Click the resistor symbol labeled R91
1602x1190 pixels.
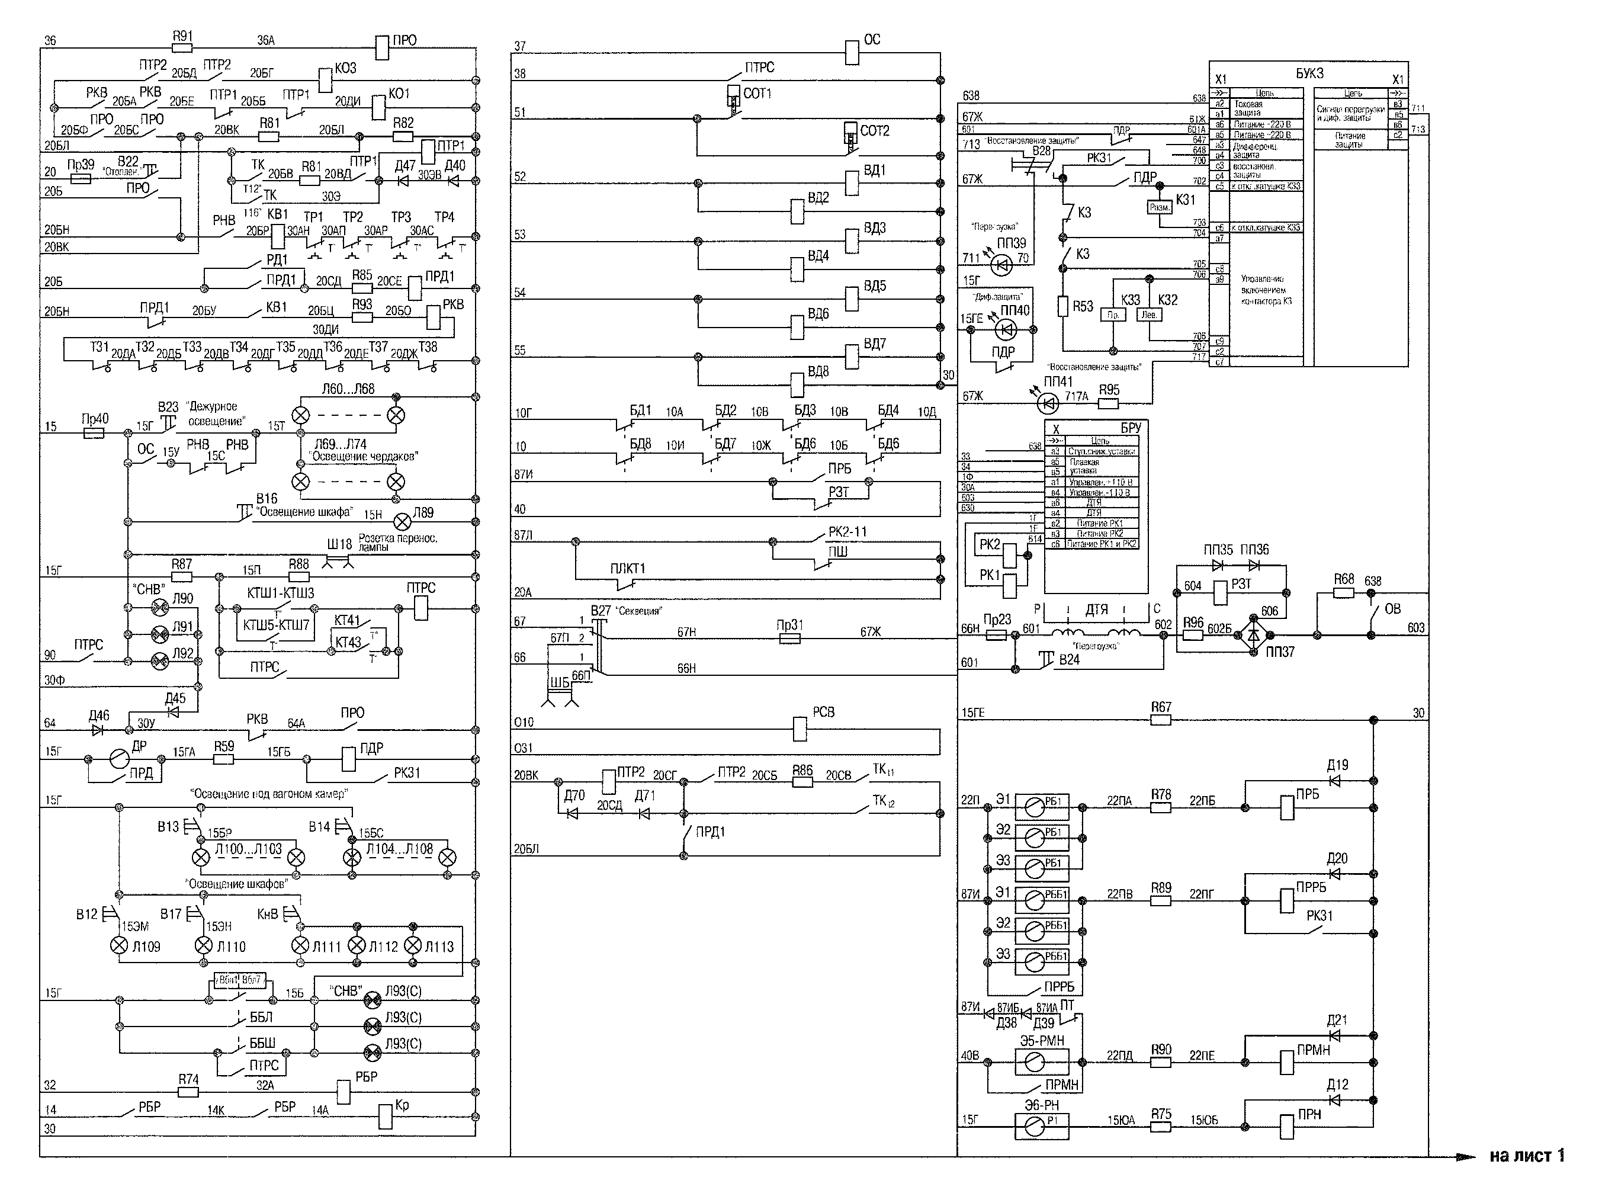tap(182, 48)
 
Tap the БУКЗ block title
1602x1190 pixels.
tap(1309, 73)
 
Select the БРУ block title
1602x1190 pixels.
tap(1130, 428)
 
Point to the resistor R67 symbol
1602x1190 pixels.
tap(1160, 720)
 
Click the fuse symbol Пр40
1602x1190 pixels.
tap(94, 433)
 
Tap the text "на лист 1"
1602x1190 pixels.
tap(1526, 1156)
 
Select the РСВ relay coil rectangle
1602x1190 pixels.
tap(800, 729)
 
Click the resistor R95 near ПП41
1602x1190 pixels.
tap(1109, 403)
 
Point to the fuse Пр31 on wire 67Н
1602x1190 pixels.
tap(790, 638)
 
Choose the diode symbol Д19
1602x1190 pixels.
tap(1334, 780)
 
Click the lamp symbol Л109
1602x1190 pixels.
tap(120, 946)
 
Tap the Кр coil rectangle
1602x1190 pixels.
tap(386, 1117)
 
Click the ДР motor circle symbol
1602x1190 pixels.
tap(120, 759)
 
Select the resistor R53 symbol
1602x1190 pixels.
tap(1062, 307)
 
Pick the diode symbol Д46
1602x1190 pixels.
tap(98, 729)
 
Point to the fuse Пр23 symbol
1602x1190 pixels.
tap(996, 634)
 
